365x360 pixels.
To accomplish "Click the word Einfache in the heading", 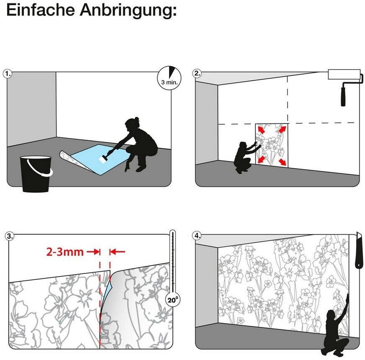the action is coord(41,10).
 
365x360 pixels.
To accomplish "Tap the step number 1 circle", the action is coord(8,74).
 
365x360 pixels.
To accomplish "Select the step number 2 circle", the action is coord(197,73).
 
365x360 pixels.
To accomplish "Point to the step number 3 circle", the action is coord(10,236).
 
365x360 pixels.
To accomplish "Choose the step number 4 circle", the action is coord(197,236).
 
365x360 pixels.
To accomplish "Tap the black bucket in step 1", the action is coord(36,173).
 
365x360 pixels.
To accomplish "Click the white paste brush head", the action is coord(103,159).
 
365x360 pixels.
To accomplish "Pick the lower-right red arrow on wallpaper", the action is coord(282,162).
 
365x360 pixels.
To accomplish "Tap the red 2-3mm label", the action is coord(65,252).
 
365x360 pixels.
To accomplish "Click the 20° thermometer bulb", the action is coord(172,299).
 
